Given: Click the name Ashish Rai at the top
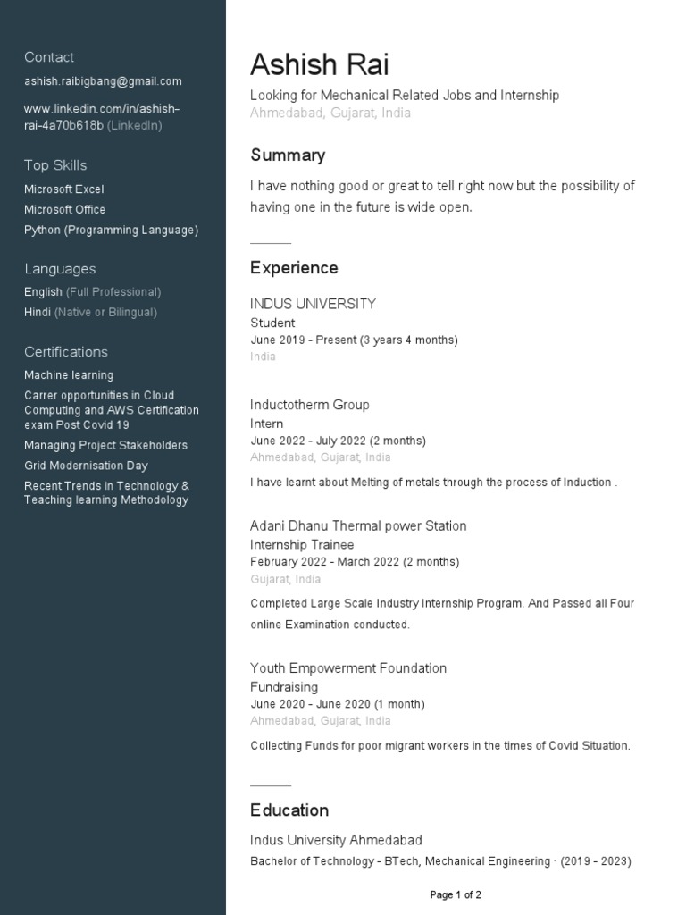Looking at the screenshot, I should tap(319, 65).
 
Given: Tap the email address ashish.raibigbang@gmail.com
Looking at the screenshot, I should tap(103, 81).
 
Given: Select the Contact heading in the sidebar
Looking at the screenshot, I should tap(49, 57).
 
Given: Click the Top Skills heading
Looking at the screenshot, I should tap(55, 165).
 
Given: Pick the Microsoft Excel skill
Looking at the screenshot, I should tap(64, 189).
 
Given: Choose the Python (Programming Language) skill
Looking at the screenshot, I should tap(111, 231).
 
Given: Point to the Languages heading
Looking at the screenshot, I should tap(60, 269).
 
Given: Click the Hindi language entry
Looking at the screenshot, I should tap(38, 313).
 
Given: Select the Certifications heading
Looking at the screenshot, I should tap(66, 352).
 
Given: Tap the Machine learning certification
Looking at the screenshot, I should tap(69, 375).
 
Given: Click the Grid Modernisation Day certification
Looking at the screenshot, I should tap(86, 466).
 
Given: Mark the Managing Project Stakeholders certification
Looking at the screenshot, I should tap(105, 445).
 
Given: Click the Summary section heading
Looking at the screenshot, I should tap(288, 155).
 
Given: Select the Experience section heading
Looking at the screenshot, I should tap(294, 268).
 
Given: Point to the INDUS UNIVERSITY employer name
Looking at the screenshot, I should tap(313, 304).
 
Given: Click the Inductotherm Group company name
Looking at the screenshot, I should tap(309, 405).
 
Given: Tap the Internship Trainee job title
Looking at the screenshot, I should tap(302, 545).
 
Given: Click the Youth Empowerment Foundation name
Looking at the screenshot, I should tap(348, 668).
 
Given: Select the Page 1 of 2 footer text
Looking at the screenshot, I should tap(456, 894).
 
